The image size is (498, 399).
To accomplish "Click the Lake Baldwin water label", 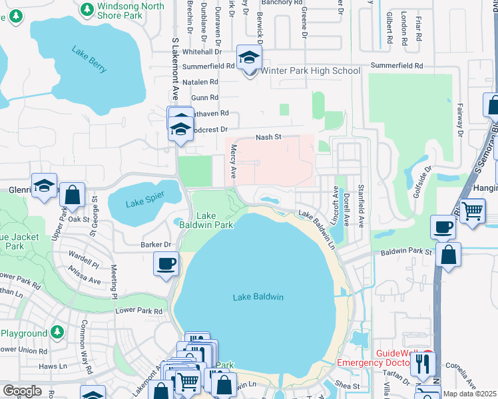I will pos(258,297).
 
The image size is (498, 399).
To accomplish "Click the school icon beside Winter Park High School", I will pos(250,59).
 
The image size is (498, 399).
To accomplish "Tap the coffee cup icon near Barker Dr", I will pos(166,263).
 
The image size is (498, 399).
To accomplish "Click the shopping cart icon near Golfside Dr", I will pos(473,212).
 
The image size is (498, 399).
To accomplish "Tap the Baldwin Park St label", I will pos(407,253).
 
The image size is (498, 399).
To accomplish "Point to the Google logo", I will pos(22,390).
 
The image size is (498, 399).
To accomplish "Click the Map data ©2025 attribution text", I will pos(469,394).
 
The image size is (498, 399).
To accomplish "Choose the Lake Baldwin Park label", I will pos(206,220).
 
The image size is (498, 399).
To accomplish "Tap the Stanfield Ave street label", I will pos(361,204).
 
